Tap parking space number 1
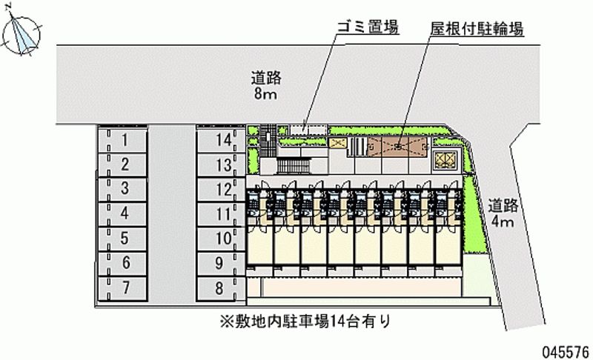(x=122, y=141)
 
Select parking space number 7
(x=122, y=289)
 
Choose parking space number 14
(x=221, y=141)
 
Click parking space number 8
(x=221, y=289)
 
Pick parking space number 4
(x=122, y=215)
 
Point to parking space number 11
(x=221, y=215)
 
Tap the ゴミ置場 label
(x=368, y=27)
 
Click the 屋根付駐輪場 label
(x=477, y=29)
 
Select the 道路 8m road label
(x=266, y=86)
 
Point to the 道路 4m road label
(x=503, y=213)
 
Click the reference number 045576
(x=566, y=352)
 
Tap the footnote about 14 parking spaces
(x=305, y=321)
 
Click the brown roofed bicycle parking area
(x=398, y=147)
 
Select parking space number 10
(x=221, y=239)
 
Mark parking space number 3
(x=122, y=190)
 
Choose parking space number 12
(x=221, y=190)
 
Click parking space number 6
(x=122, y=264)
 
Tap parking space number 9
(x=221, y=264)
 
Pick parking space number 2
(x=122, y=165)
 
